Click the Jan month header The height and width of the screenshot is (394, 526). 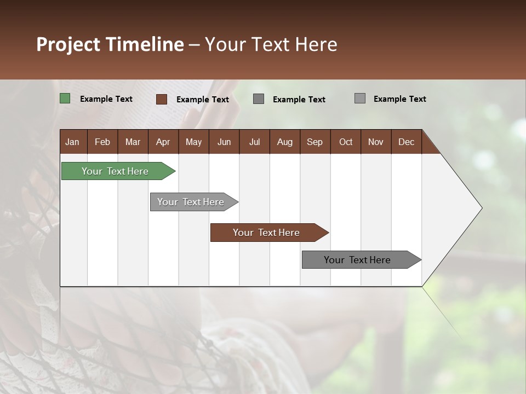tap(73, 142)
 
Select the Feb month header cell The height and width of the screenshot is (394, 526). tap(102, 142)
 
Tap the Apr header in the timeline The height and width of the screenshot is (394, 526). tap(163, 142)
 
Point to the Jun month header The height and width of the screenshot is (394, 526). tap(224, 142)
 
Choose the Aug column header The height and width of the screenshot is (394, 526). tap(284, 142)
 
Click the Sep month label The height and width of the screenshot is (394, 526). tap(315, 142)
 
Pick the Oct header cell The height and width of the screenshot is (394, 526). tap(345, 142)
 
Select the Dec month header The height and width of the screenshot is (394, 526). tap(406, 142)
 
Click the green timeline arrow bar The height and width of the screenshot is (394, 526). tap(115, 171)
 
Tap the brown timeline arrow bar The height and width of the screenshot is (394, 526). tap(266, 233)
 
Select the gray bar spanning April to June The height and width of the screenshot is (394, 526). tap(191, 202)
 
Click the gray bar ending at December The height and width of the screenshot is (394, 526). tap(357, 260)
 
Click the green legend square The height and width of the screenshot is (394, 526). tap(65, 99)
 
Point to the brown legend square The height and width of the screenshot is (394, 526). tap(162, 99)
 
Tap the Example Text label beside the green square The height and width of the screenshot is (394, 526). tap(106, 99)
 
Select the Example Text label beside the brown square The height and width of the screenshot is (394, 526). tap(203, 100)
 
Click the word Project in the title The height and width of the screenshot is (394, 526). tap(68, 44)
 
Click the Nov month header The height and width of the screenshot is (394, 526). tap(375, 142)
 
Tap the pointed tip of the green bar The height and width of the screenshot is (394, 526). tap(174, 171)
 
